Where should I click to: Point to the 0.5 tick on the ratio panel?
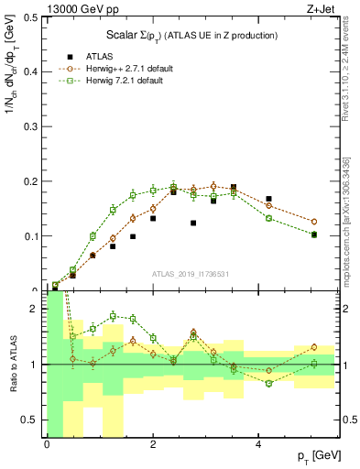(32, 420)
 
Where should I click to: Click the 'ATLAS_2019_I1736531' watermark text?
(191, 273)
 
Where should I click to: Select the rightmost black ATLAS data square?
(313, 234)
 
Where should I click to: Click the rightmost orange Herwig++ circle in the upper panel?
(313, 222)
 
